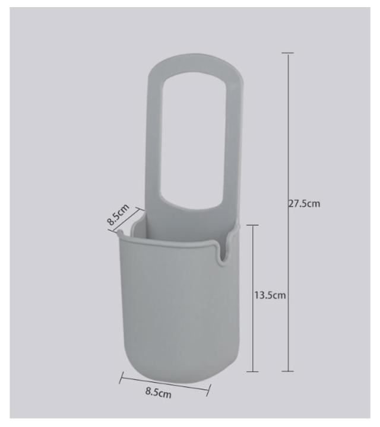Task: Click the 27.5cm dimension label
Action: (x=304, y=203)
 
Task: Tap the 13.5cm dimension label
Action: (x=270, y=295)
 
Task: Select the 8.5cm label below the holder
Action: (x=158, y=393)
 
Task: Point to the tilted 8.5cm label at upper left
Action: (x=118, y=214)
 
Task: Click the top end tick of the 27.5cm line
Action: (x=288, y=53)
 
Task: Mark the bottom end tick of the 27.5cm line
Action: (x=287, y=371)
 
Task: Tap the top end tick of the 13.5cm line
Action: (x=252, y=225)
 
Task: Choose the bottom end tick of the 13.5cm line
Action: (x=252, y=371)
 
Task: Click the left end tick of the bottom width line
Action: (x=121, y=378)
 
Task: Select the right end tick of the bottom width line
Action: (x=208, y=390)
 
